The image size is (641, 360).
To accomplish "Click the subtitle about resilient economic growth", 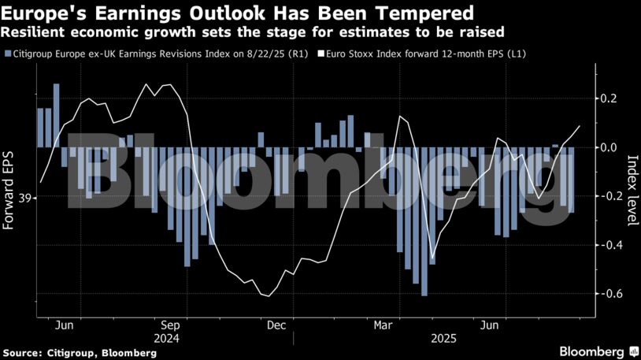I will coord(253,32).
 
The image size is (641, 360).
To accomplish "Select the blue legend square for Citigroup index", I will coord(7,54).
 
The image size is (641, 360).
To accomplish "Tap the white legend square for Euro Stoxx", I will coord(320,54).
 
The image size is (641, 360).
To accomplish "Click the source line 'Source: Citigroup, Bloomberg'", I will coord(80,353).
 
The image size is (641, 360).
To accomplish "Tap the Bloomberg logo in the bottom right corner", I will coord(598,351).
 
